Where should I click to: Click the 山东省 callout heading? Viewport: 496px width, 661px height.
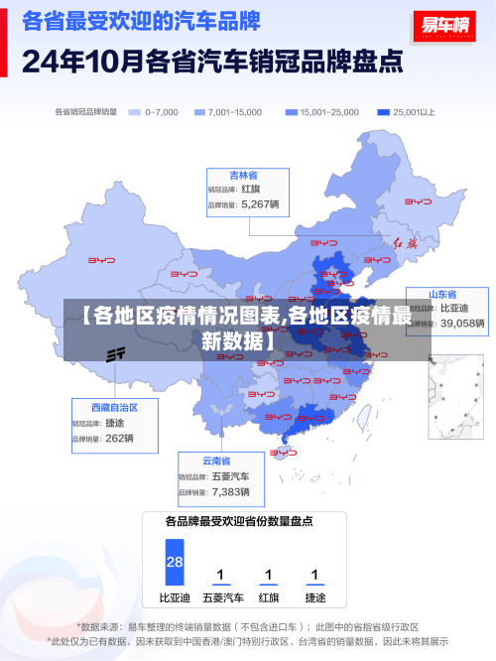point(442,295)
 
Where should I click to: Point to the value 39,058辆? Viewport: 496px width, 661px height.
point(462,323)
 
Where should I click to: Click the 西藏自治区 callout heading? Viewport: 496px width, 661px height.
point(114,407)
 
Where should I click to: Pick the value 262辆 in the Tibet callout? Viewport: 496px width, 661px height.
point(119,438)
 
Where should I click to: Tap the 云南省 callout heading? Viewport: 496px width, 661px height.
point(216,461)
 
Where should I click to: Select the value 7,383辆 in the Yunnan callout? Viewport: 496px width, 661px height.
point(230,491)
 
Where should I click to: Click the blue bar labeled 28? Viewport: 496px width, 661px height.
point(175,562)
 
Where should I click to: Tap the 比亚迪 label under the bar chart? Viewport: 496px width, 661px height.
point(175,597)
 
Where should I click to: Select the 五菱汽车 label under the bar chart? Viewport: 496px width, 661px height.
point(222,597)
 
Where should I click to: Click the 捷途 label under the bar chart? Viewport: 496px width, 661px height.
point(314,597)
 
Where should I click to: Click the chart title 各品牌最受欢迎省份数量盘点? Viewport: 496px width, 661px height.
point(239,520)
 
